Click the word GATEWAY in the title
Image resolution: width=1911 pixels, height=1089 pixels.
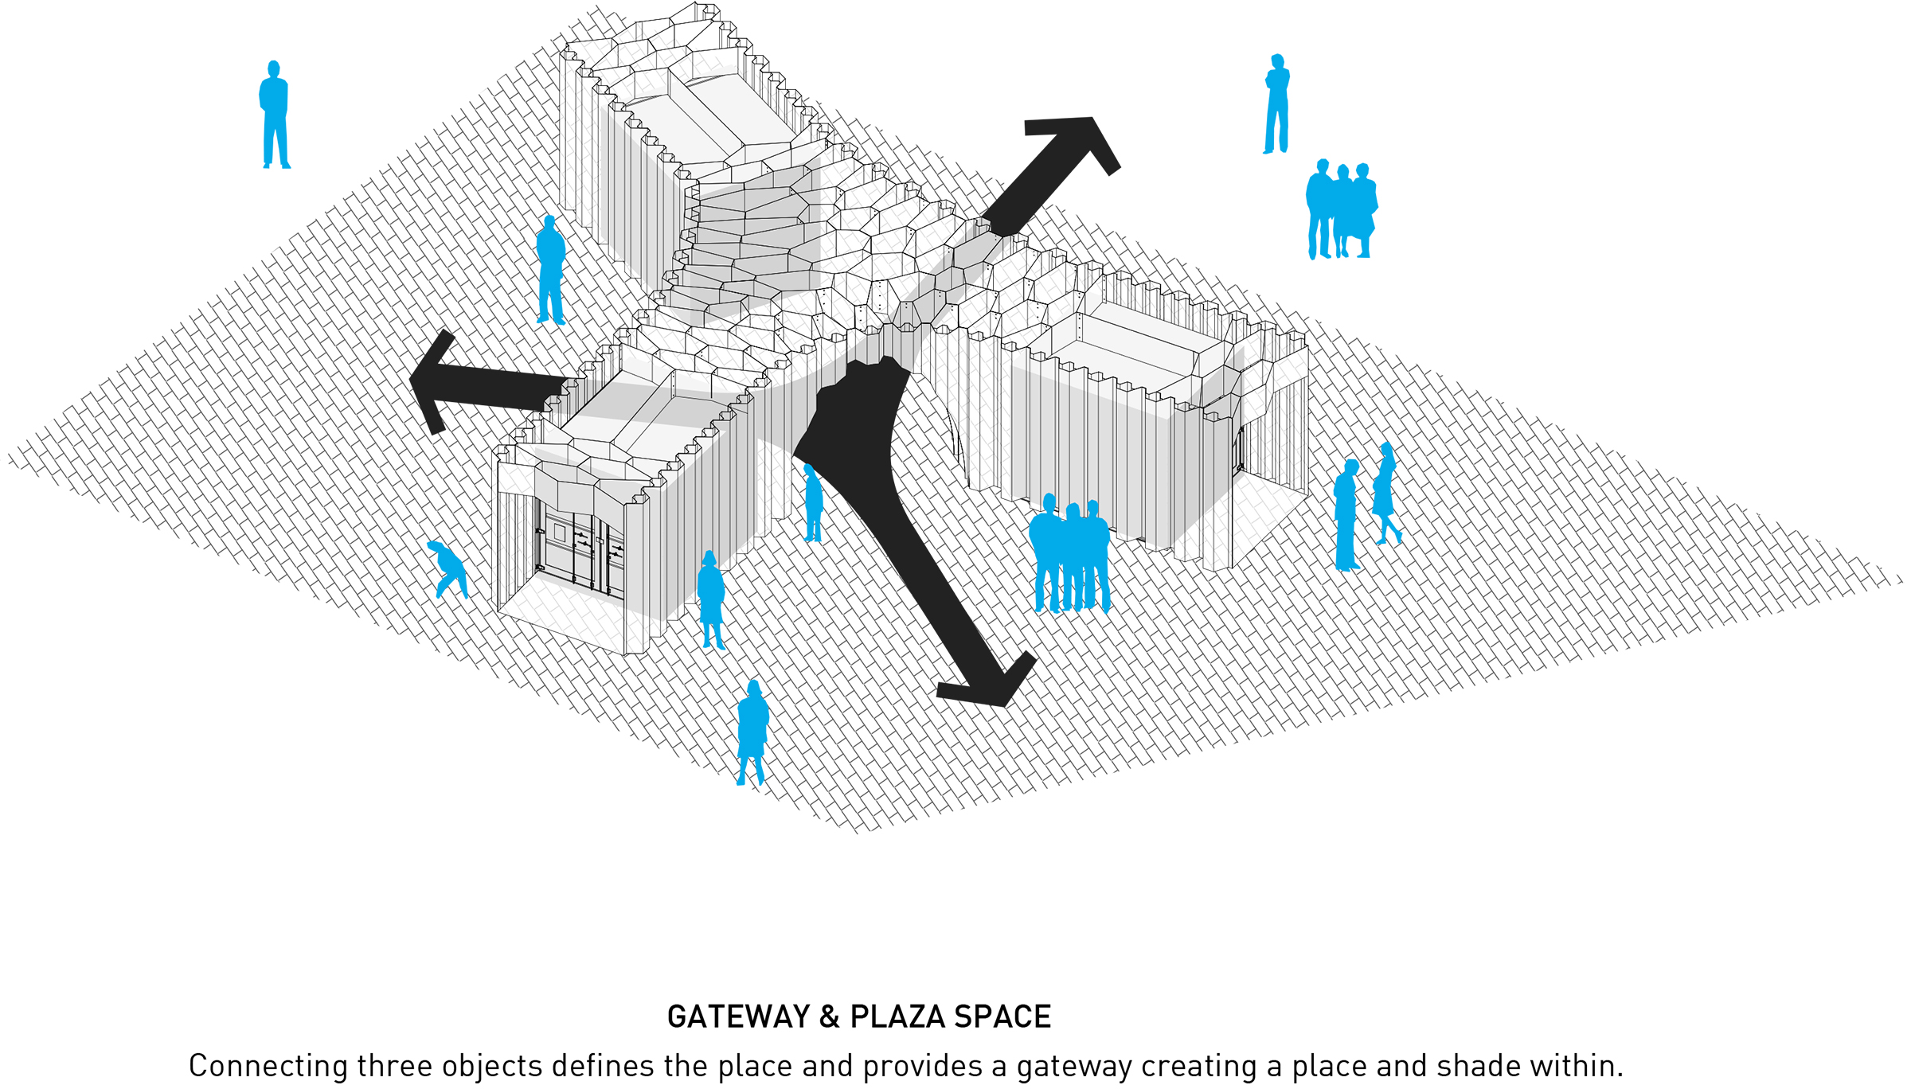(x=738, y=1017)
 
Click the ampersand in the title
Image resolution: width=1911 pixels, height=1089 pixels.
(x=830, y=1017)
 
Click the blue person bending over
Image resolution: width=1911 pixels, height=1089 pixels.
(x=448, y=568)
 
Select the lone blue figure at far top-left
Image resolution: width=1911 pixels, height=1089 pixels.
(x=275, y=115)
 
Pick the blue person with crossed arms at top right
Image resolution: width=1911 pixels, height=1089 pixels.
(x=1276, y=103)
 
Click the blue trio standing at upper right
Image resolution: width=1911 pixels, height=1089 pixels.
(x=1342, y=209)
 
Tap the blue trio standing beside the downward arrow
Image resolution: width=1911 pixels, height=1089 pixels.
(x=1069, y=554)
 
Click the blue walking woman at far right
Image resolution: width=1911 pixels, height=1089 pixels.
(x=1385, y=494)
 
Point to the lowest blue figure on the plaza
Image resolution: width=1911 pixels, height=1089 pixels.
(x=752, y=732)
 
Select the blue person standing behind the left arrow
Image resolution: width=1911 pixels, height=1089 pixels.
(x=550, y=270)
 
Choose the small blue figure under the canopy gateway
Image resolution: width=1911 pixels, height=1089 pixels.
(x=813, y=503)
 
